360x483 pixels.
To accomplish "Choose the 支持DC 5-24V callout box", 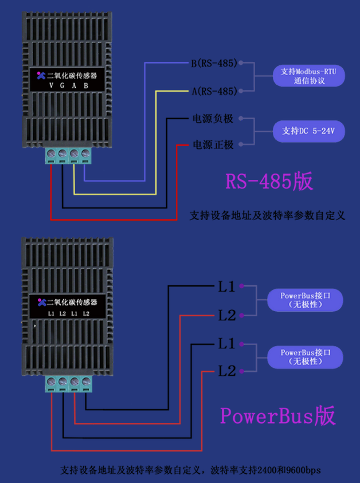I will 309,132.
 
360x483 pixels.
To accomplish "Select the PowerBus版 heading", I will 277,415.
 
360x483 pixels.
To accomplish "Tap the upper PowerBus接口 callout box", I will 305,300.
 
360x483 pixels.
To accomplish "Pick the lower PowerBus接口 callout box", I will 305,356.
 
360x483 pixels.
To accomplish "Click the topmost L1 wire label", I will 226,286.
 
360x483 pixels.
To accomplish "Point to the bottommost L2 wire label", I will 226,371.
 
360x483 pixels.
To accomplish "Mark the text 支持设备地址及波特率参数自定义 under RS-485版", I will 267,216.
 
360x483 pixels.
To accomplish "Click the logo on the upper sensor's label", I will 40,75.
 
